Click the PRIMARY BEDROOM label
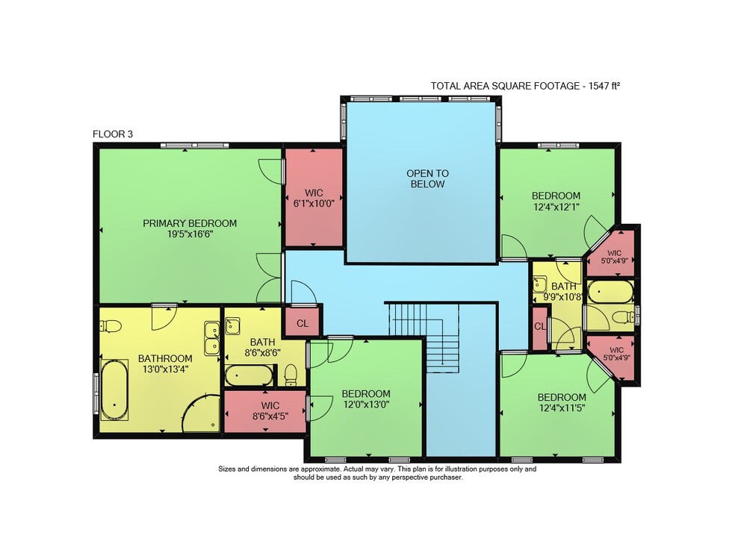coord(190,223)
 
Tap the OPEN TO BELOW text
coord(427,178)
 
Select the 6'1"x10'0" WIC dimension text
coord(314,203)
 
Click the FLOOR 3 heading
coord(113,134)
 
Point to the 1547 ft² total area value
coord(604,86)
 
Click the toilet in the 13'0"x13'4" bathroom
coord(111,326)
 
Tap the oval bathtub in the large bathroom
coord(114,390)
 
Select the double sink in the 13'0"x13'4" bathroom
coord(212,338)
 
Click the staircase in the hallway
coord(424,337)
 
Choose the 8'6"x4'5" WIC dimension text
coord(270,416)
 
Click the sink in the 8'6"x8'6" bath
coord(232,326)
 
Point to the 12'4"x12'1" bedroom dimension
coord(556,207)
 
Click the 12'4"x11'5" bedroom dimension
coord(562,407)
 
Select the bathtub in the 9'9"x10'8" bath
coord(610,290)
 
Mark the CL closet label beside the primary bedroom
coord(303,324)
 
